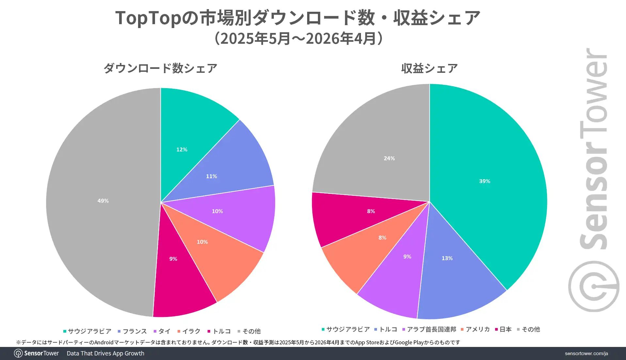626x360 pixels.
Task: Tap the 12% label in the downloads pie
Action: click(182, 149)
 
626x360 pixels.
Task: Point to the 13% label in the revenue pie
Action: click(447, 258)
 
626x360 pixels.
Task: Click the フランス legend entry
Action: click(132, 331)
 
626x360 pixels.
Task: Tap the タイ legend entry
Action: click(162, 331)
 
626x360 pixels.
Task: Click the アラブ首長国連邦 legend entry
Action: click(429, 329)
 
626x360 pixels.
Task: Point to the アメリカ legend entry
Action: click(475, 329)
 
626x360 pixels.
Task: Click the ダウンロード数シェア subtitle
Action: click(160, 68)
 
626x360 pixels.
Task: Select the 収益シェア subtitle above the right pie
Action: click(429, 68)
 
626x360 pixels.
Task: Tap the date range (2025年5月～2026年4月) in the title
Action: click(298, 39)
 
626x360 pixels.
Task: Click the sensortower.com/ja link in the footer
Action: click(586, 353)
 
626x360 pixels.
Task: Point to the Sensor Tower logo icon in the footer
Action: click(18, 353)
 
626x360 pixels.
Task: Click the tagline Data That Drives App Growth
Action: click(105, 353)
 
